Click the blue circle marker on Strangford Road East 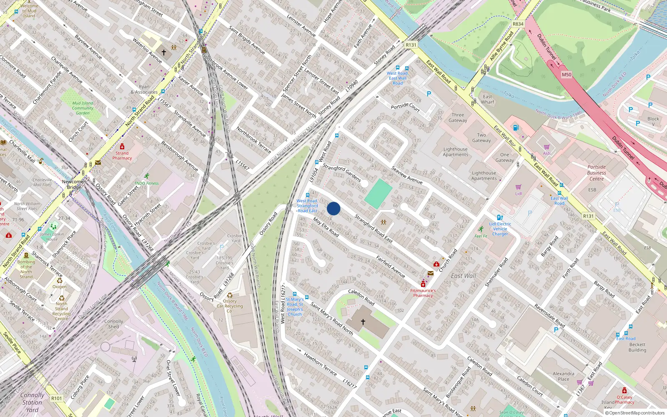(x=333, y=208)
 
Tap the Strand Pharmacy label (x=122, y=156)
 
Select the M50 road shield (x=566, y=75)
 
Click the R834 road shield (x=518, y=24)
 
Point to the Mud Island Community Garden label (x=83, y=108)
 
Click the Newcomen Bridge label (x=74, y=184)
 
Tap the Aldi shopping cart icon (x=547, y=147)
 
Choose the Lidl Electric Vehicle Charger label (x=500, y=229)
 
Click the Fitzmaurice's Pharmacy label (x=423, y=293)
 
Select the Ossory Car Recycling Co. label (x=230, y=306)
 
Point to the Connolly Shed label (x=113, y=324)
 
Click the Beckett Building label (x=637, y=347)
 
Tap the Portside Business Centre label (x=597, y=173)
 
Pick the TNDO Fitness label (x=146, y=183)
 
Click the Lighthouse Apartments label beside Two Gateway (x=455, y=152)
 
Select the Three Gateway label (x=458, y=118)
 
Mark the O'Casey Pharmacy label (x=624, y=399)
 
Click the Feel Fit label (x=481, y=236)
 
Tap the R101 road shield (x=57, y=398)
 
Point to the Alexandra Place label (x=563, y=376)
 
